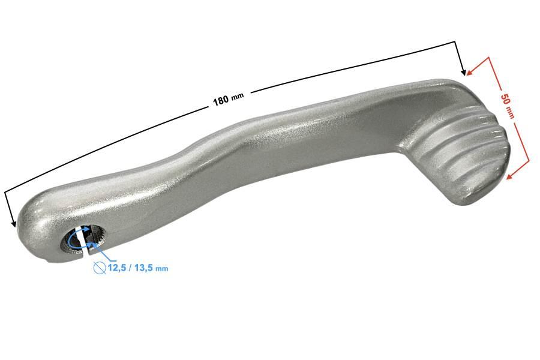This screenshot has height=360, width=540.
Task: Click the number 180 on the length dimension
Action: [x=221, y=100]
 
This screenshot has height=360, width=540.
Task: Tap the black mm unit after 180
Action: [x=237, y=96]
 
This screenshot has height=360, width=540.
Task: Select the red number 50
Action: [x=504, y=99]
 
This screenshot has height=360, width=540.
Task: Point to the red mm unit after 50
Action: [x=509, y=113]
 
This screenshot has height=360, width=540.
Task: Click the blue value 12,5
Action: [x=117, y=268]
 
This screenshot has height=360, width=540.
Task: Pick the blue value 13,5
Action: [x=143, y=268]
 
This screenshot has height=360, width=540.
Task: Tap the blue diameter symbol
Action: [x=100, y=268]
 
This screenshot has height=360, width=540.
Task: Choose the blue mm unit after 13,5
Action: [x=162, y=268]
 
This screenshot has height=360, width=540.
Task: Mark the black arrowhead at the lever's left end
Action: [x=13, y=224]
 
